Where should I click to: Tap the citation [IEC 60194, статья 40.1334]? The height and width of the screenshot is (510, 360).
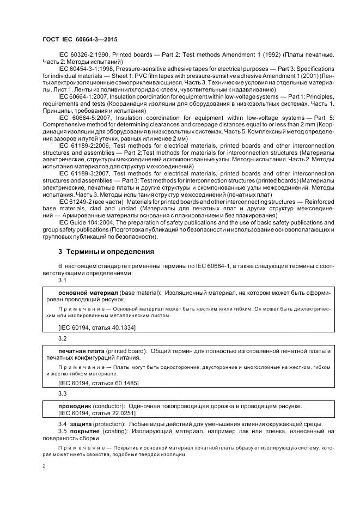(x=96, y=327)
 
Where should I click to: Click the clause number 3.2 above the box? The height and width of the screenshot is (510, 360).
(x=62, y=338)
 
